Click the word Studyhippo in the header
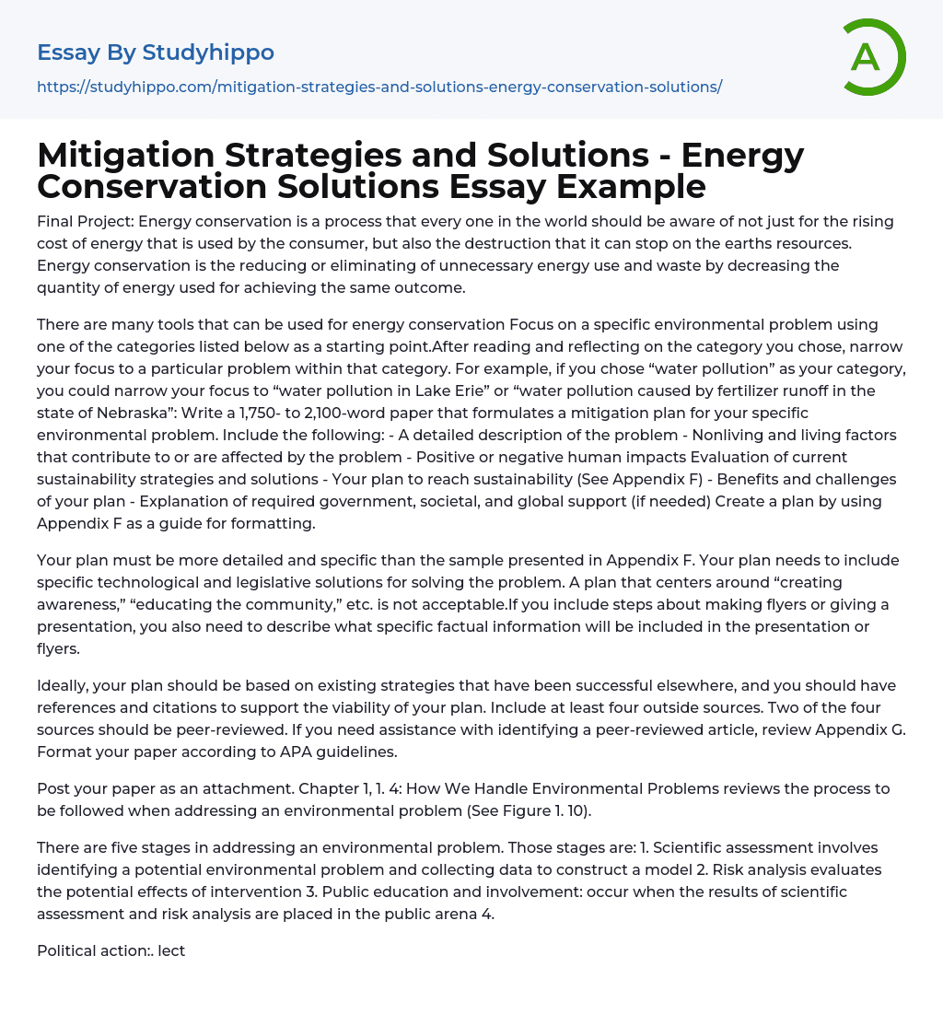(x=208, y=52)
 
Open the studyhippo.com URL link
(x=378, y=87)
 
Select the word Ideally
(x=65, y=685)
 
